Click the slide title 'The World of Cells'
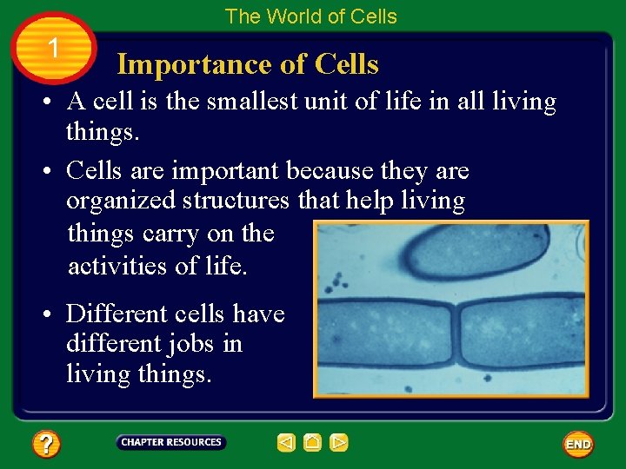[310, 17]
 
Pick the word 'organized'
[121, 201]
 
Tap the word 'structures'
[236, 201]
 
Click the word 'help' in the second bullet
[369, 201]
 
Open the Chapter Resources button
[171, 443]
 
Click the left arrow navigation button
[286, 443]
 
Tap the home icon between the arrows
[313, 443]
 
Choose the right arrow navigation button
[339, 443]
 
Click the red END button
[578, 444]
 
